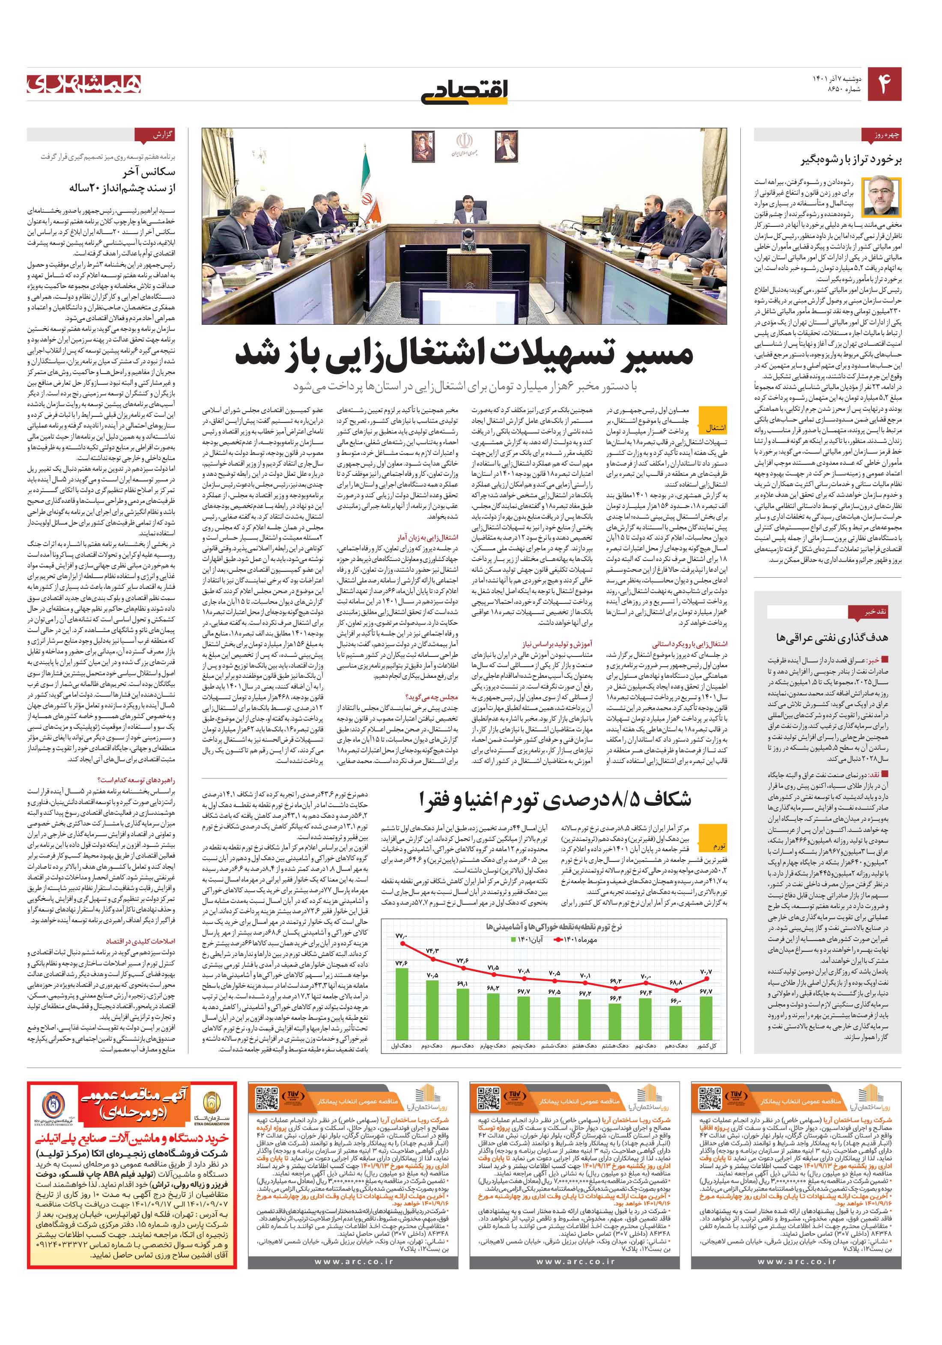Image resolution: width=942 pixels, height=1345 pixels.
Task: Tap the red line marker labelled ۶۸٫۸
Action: coord(675,991)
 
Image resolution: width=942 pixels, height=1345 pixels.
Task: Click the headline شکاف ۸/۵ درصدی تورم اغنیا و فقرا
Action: coord(555,800)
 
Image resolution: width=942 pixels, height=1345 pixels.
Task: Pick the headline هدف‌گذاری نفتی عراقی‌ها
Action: coord(831,637)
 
